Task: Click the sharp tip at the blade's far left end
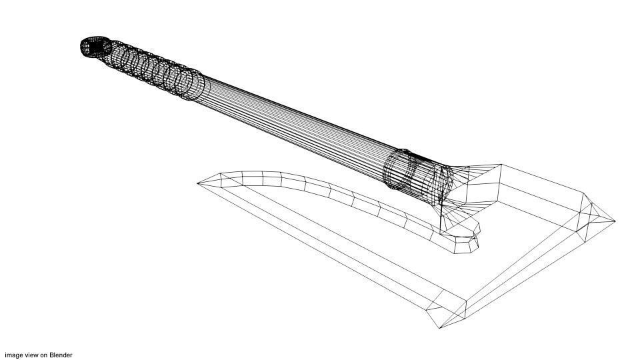click(199, 183)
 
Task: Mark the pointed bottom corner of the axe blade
click(439, 327)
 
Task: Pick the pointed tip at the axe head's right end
click(613, 221)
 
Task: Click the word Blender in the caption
click(61, 355)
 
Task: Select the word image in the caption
click(13, 355)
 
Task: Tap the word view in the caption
click(31, 355)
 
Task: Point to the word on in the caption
click(44, 355)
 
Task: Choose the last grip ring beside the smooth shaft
click(194, 85)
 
